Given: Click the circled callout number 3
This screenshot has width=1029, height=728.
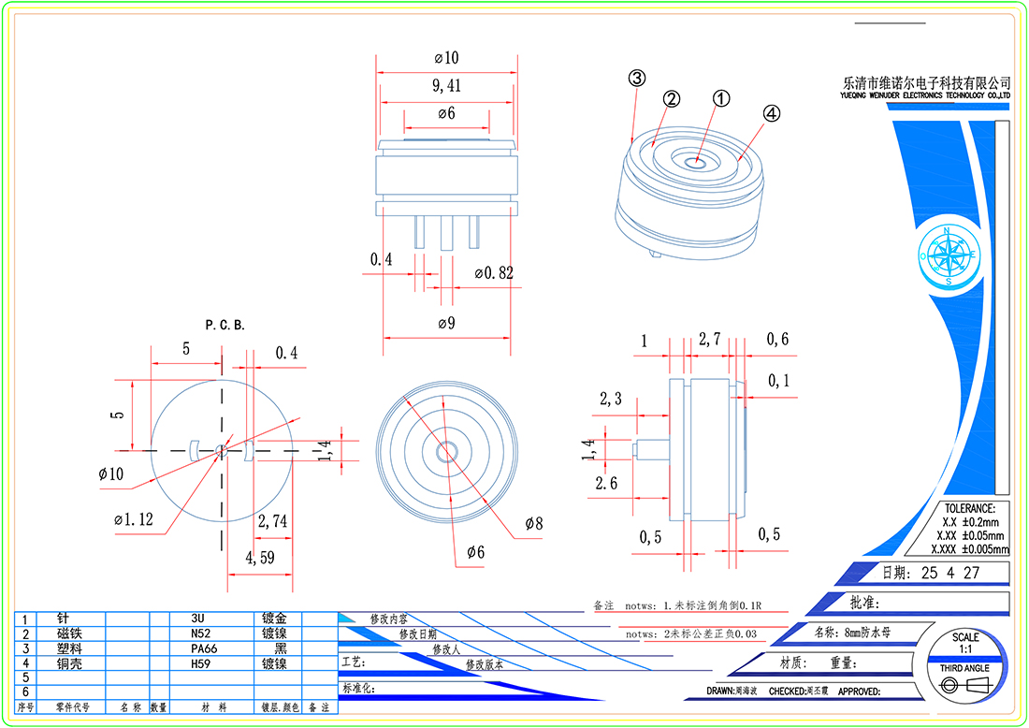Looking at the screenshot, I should click(x=636, y=79).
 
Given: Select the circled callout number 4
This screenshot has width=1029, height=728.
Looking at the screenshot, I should click(x=771, y=113).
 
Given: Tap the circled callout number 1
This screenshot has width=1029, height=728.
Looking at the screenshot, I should click(x=720, y=98).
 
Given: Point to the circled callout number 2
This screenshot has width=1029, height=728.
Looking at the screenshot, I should click(x=672, y=98).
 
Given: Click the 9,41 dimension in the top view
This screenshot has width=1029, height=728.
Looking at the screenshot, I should click(x=446, y=86).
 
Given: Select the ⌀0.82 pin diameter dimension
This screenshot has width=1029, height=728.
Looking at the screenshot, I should click(x=494, y=273).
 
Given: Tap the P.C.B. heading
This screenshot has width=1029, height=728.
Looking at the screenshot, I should click(x=225, y=325).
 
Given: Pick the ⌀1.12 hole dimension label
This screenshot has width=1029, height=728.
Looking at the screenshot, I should click(x=133, y=519).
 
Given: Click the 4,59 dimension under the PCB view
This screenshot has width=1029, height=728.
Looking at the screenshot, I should click(x=260, y=558).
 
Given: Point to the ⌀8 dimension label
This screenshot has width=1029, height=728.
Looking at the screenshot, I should click(x=534, y=523).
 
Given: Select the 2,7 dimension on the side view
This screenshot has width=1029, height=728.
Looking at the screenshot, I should click(x=709, y=341).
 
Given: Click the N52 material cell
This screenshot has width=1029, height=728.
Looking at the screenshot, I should click(x=201, y=633).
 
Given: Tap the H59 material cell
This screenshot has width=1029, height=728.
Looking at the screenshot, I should click(x=202, y=662).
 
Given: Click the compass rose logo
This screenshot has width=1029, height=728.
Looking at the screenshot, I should click(x=949, y=255).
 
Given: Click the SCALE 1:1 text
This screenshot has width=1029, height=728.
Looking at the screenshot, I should click(x=964, y=643).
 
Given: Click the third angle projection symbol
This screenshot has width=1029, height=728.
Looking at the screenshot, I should click(x=964, y=686).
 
